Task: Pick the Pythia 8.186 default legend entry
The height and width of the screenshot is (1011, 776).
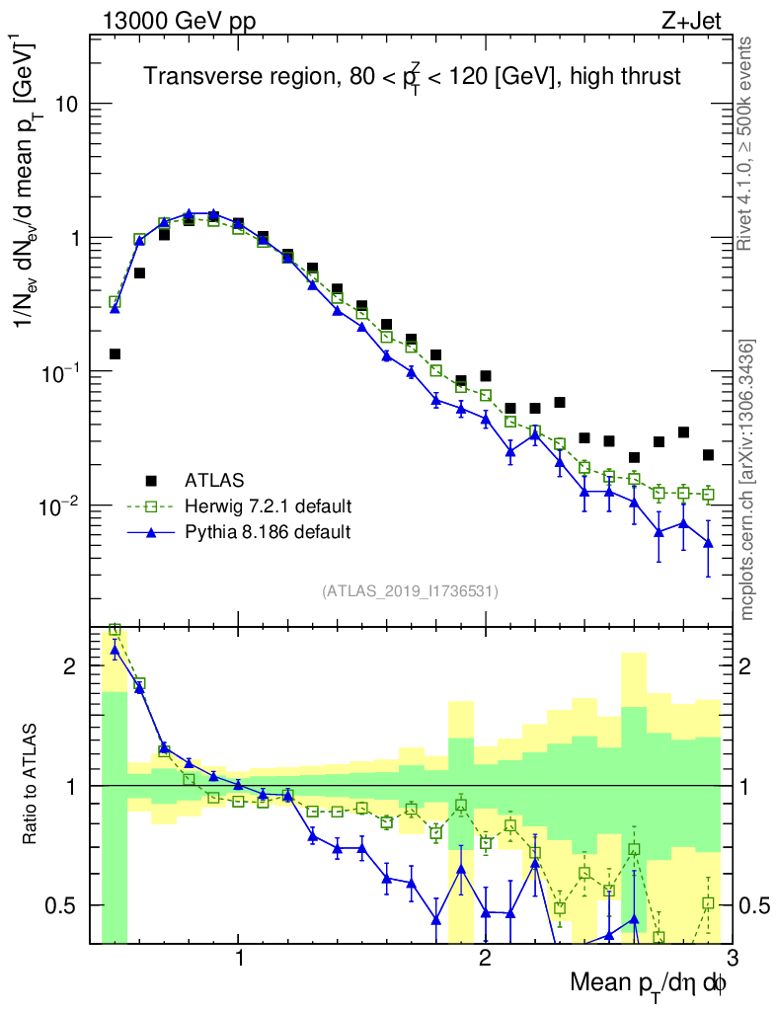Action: click(268, 532)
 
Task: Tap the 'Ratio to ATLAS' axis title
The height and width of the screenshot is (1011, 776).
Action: click(32, 786)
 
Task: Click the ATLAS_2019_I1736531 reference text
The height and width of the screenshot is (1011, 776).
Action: click(410, 591)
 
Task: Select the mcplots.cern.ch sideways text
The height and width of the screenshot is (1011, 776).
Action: click(746, 479)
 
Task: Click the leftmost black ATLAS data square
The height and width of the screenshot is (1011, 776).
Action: click(115, 353)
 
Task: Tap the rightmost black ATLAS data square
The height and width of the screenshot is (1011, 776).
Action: click(708, 455)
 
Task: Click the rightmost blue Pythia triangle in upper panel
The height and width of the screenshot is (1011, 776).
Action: click(708, 542)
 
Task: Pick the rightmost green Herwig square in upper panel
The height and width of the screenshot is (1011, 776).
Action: click(708, 495)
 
